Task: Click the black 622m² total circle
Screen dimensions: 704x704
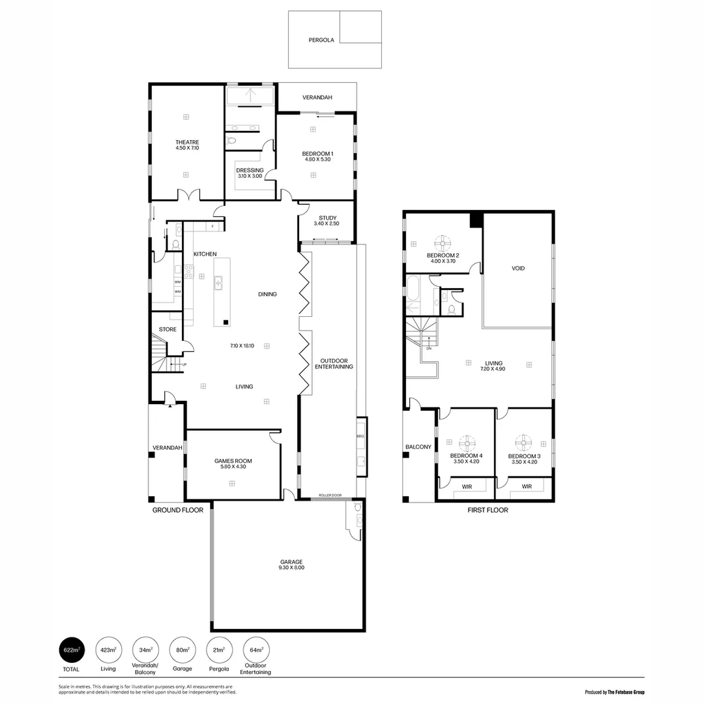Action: (x=72, y=650)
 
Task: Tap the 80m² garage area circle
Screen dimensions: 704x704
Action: (x=183, y=650)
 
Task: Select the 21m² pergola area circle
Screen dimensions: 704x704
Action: (x=219, y=650)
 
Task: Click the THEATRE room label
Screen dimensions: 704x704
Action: (x=186, y=142)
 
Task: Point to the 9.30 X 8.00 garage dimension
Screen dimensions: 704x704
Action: (x=292, y=568)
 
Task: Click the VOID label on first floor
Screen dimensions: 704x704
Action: (x=518, y=269)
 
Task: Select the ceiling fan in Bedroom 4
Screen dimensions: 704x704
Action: (x=467, y=443)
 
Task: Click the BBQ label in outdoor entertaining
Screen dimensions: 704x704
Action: (x=360, y=435)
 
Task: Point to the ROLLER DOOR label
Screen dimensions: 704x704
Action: (x=330, y=495)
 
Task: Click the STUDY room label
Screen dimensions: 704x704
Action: (x=327, y=218)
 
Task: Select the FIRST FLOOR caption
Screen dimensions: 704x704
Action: (x=488, y=510)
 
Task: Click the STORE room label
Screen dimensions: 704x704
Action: (x=168, y=330)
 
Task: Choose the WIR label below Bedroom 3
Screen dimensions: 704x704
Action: (x=527, y=486)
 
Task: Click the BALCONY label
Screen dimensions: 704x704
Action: (x=418, y=447)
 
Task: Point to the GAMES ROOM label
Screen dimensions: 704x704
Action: (x=233, y=461)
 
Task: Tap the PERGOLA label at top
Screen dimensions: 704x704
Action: (x=321, y=40)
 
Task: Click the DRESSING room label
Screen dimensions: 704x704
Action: (x=250, y=170)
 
